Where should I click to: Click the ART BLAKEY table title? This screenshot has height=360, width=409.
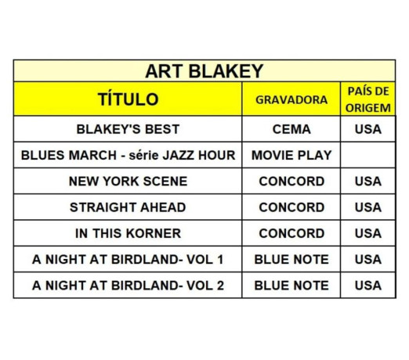[204, 71]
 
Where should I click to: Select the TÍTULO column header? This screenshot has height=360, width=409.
[128, 99]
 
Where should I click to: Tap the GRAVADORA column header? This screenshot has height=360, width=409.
[291, 100]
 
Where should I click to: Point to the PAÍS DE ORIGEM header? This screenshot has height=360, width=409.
[367, 99]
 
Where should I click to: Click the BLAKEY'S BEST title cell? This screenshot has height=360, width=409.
[128, 129]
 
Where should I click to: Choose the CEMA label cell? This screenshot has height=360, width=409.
[291, 129]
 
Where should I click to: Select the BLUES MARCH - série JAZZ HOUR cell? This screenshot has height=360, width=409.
[128, 155]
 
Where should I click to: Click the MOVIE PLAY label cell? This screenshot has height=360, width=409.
[291, 155]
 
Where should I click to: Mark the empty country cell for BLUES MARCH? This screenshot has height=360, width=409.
[367, 155]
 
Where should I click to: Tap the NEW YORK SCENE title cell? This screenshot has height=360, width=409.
[128, 181]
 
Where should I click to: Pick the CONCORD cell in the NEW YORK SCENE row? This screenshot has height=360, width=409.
[291, 181]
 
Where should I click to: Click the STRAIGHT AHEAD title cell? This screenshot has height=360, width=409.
[128, 207]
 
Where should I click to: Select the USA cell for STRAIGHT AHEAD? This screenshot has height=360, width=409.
[367, 207]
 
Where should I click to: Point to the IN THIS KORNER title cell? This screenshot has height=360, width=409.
[128, 233]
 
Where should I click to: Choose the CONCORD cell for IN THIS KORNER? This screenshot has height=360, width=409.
[291, 233]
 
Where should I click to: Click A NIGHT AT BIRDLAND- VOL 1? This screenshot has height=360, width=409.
[128, 259]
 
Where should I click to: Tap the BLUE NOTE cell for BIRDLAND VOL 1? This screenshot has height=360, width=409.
[291, 259]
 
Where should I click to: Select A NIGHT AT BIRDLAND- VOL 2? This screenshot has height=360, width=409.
[128, 285]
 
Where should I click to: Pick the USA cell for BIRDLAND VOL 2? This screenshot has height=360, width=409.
[367, 285]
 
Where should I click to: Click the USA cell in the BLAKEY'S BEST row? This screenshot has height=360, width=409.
[367, 129]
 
